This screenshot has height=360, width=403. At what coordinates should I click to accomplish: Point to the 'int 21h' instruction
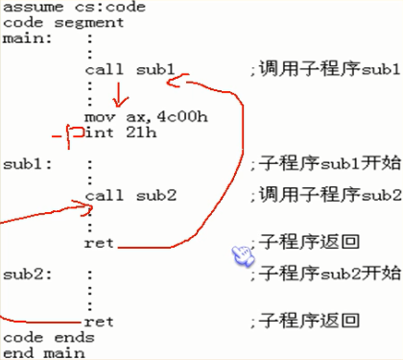[x=112, y=132]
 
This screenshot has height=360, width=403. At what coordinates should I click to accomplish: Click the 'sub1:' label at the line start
[x=22, y=163]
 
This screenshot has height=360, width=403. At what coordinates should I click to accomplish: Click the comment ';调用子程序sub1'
[x=323, y=69]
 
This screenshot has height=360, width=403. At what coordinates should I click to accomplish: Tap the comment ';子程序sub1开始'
[x=323, y=163]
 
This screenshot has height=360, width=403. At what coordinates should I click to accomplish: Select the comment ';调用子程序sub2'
[x=323, y=195]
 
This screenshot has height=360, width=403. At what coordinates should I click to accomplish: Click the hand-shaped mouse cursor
[x=242, y=255]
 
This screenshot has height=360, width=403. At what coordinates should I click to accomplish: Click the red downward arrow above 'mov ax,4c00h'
[x=119, y=95]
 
